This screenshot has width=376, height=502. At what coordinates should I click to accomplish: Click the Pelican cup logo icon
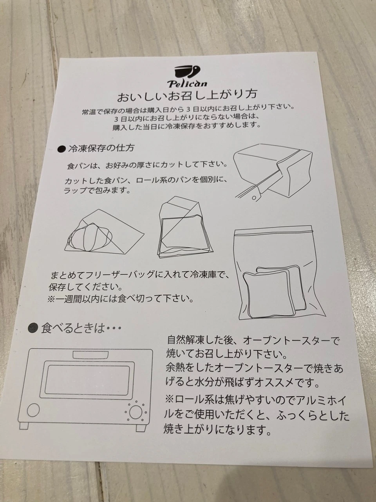tap(187, 72)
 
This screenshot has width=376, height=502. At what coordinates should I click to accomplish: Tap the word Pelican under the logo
tap(187, 84)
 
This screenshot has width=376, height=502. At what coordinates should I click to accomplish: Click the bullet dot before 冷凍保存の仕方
tap(61, 149)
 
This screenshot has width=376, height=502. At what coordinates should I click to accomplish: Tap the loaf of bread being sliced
tap(274, 169)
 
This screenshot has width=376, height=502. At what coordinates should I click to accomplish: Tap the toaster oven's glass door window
tap(87, 379)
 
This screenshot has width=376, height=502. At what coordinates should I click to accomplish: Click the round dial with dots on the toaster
tap(136, 412)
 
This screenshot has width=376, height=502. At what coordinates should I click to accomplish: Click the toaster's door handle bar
tap(90, 355)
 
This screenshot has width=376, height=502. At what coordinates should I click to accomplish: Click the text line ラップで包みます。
tap(97, 190)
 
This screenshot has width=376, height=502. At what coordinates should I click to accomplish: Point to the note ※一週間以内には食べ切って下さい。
tap(120, 299)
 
